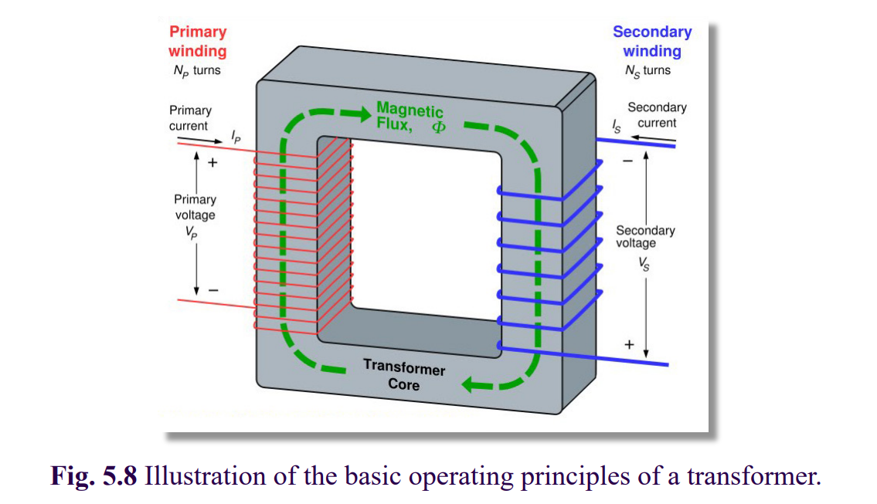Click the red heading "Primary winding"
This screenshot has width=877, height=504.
[x=198, y=42]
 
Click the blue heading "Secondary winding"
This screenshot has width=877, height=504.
[x=652, y=42]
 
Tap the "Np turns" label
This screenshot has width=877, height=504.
[x=197, y=71]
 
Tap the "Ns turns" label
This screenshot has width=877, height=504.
[x=648, y=71]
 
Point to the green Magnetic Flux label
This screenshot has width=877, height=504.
[x=410, y=117]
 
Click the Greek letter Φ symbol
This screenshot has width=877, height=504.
[x=439, y=127]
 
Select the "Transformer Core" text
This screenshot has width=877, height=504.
[x=404, y=375]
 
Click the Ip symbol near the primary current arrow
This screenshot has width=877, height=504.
[x=236, y=137]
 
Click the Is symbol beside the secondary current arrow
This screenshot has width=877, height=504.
[x=617, y=127]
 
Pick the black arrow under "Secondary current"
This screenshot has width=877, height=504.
[x=653, y=138]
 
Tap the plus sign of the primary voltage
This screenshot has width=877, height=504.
[x=212, y=163]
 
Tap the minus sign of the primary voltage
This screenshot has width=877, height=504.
[x=213, y=290]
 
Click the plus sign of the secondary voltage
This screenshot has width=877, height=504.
[x=629, y=344]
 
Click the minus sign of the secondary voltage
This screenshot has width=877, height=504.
[x=627, y=161]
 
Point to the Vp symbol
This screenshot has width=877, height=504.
[x=192, y=232]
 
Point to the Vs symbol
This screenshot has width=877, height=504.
[x=644, y=264]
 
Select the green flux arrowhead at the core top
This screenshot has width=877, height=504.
[x=359, y=114]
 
